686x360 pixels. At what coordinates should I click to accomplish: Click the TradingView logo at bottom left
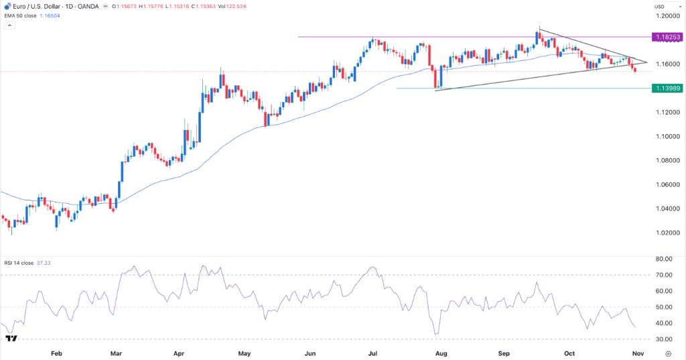coord(11,339)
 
